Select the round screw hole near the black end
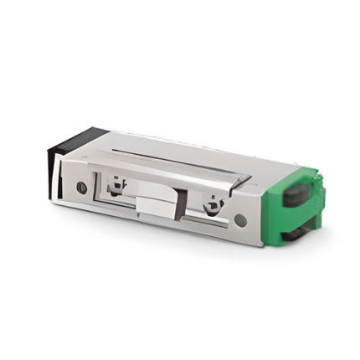(81, 188)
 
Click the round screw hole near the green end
(240, 220)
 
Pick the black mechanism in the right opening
(213, 203)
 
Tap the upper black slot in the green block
(296, 195)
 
